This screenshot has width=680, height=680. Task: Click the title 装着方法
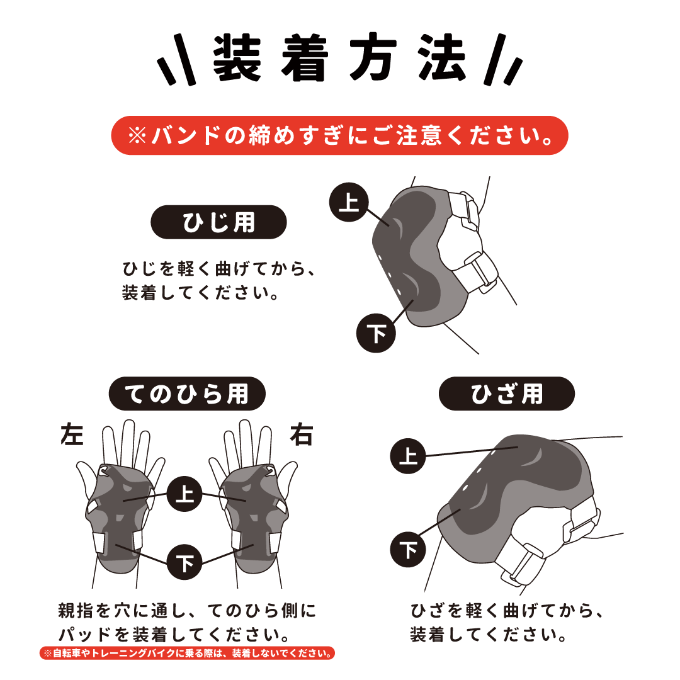click(x=339, y=58)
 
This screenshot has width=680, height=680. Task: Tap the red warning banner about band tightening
click(x=339, y=135)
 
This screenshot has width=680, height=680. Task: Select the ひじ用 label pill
click(x=218, y=222)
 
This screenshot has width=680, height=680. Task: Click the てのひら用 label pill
click(x=187, y=394)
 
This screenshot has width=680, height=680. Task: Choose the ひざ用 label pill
click(x=506, y=394)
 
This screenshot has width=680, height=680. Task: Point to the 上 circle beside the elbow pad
click(x=349, y=202)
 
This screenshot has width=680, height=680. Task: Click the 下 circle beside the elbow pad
click(x=376, y=333)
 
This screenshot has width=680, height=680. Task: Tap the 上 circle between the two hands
click(x=184, y=494)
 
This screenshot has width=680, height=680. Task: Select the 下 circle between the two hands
click(x=184, y=562)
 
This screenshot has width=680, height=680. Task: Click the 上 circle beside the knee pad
click(x=407, y=456)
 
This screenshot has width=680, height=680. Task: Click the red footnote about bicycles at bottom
click(x=187, y=653)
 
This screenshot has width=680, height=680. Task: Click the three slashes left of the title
click(x=176, y=59)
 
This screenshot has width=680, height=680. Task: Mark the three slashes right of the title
click(x=503, y=59)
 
